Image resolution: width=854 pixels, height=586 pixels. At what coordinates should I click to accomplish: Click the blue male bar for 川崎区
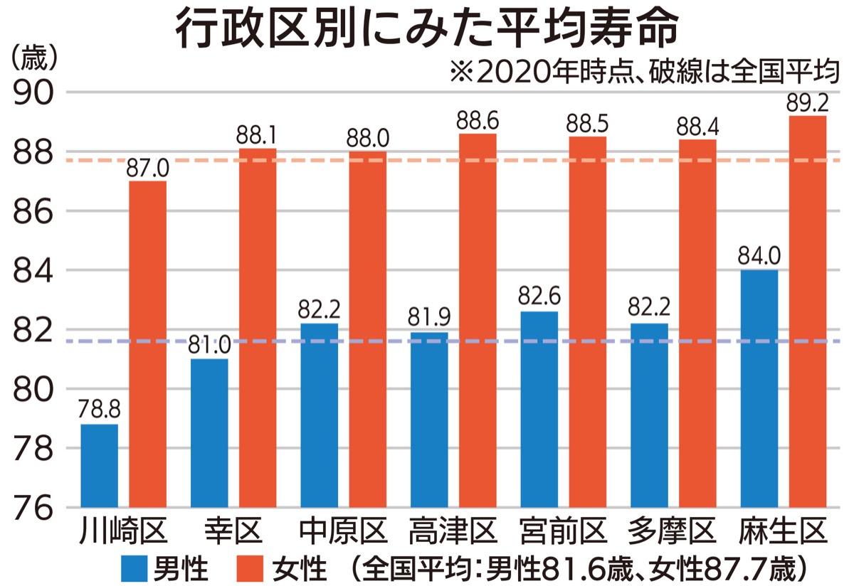[100, 466]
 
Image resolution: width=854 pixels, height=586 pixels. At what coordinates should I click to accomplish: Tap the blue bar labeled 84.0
[759, 388]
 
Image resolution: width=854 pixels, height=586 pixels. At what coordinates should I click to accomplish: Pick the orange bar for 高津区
[478, 320]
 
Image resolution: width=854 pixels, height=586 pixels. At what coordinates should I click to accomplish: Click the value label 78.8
[100, 411]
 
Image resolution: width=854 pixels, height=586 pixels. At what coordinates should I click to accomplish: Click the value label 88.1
[258, 135]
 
